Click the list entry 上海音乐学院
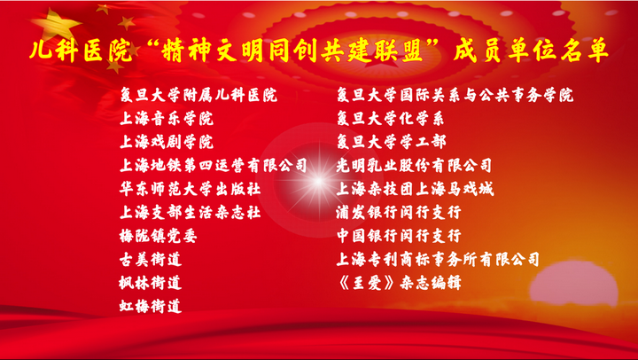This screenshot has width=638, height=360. (167, 119)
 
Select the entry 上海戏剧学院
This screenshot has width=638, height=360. (167, 142)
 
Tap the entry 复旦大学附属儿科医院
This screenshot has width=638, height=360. (198, 95)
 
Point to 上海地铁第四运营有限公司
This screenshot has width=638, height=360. (214, 166)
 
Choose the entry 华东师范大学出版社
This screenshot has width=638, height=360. (190, 190)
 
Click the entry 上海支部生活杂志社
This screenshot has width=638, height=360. (190, 213)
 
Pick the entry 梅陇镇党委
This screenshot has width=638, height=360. (159, 236)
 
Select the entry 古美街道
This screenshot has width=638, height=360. (151, 260)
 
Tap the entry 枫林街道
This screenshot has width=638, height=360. (151, 283)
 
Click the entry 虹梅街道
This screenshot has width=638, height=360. (151, 306)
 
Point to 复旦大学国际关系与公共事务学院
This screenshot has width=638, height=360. (455, 95)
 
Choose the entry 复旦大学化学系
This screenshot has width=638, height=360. (391, 119)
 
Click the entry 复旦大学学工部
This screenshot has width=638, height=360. (392, 142)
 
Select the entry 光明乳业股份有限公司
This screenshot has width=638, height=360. (414, 166)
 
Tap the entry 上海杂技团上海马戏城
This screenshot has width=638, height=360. (415, 190)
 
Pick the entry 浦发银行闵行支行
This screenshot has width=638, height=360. (399, 213)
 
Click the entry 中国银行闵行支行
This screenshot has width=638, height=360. (399, 236)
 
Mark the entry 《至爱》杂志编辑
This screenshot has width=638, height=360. (399, 283)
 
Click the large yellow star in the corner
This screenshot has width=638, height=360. (61, 25)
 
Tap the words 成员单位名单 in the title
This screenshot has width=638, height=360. (532, 51)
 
